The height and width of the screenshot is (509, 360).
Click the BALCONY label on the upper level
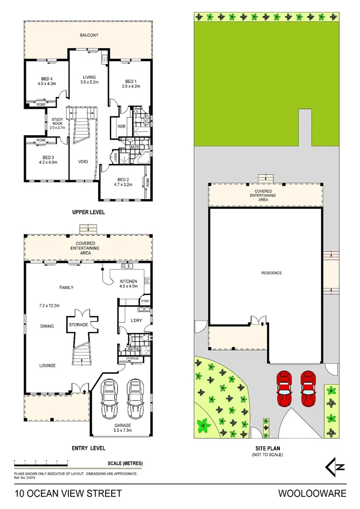coord(88,35)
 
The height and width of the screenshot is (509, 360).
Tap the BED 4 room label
coord(47,79)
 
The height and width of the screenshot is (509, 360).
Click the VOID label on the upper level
coord(83,162)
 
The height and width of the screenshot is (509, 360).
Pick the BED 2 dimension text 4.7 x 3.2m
coord(123,185)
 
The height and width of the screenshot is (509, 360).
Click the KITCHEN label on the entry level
coord(129,281)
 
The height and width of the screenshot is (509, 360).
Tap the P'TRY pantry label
coord(145,301)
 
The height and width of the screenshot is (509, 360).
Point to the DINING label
coord(47,326)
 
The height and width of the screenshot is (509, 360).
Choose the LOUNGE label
coord(47,365)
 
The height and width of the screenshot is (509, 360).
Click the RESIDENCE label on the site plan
coord(271,273)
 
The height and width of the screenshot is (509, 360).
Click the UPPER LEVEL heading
coord(88,213)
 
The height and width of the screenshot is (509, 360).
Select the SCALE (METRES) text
coord(125,464)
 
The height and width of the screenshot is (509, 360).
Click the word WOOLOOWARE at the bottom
coord(312,494)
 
